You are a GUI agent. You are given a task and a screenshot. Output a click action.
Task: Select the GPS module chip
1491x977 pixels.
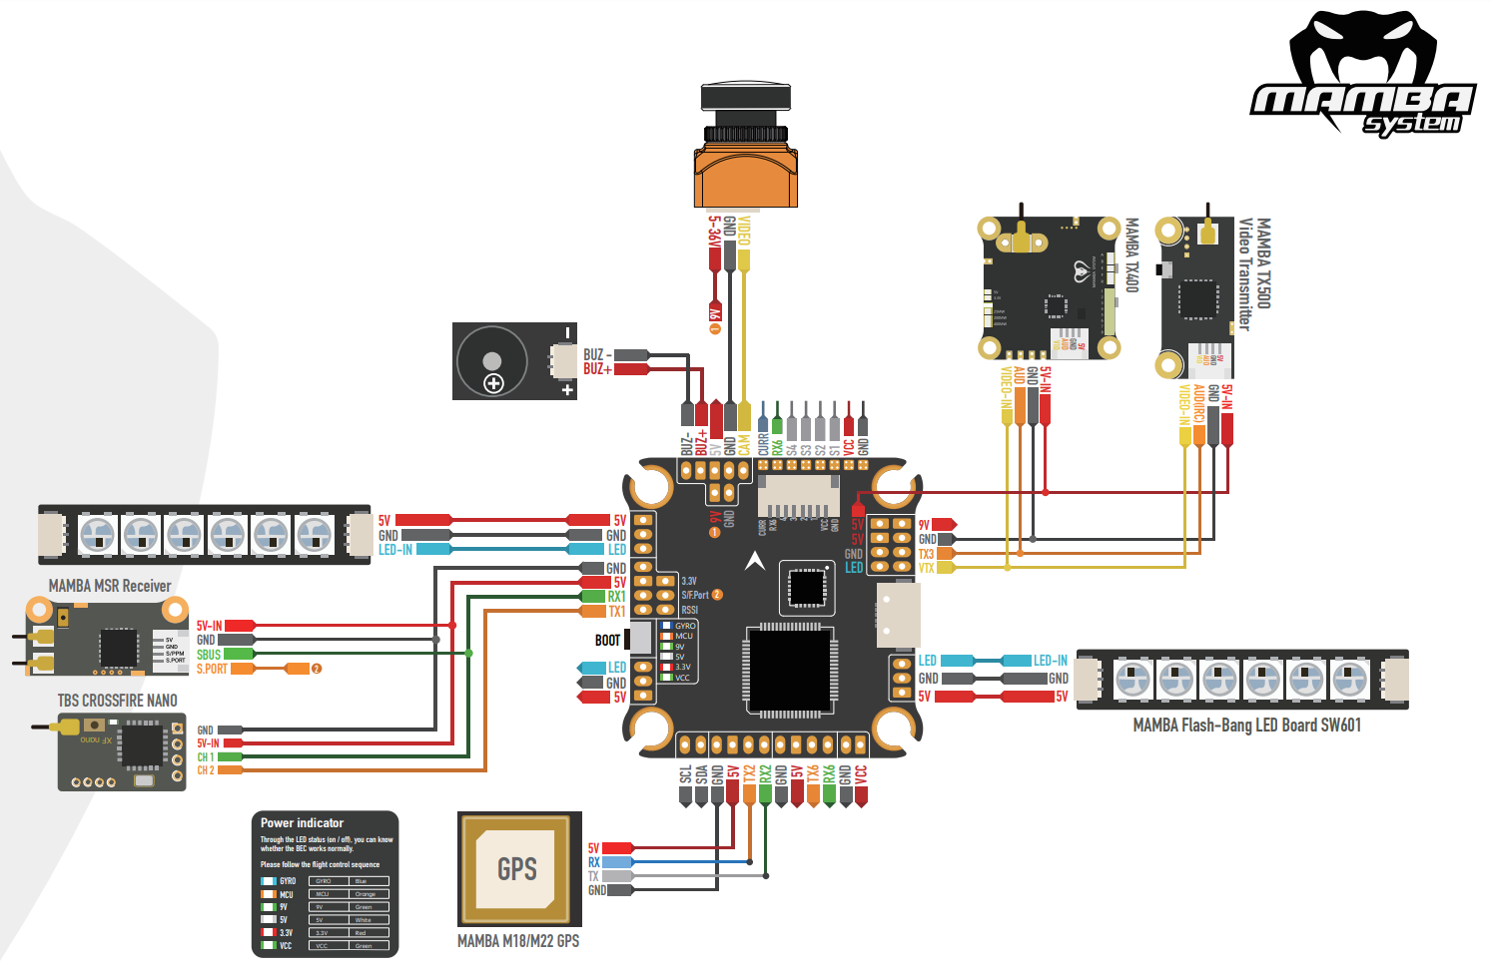[518, 868]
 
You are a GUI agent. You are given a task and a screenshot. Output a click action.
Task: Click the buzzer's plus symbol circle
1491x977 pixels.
[493, 383]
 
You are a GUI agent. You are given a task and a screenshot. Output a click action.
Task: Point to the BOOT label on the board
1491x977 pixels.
[607, 641]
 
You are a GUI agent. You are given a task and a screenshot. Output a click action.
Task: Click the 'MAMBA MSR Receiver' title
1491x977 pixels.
[110, 586]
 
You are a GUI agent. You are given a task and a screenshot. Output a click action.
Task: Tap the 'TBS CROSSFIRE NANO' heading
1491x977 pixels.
[117, 701]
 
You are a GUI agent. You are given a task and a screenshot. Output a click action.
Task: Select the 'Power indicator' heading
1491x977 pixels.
[302, 823]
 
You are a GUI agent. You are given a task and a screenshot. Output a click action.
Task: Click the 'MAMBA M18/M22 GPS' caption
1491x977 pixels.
[517, 941]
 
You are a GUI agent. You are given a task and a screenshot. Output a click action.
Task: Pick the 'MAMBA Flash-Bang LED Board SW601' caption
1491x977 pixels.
[1246, 726]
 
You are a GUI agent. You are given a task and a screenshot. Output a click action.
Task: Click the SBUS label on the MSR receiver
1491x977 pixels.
[208, 655]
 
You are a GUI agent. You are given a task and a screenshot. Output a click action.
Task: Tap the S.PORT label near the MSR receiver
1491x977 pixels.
[212, 669]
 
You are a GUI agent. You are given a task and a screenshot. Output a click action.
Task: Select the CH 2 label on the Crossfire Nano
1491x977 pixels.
[205, 770]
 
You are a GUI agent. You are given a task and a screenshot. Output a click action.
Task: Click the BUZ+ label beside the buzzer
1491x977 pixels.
[597, 369]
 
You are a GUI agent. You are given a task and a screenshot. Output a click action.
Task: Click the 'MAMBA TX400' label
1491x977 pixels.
[1131, 255]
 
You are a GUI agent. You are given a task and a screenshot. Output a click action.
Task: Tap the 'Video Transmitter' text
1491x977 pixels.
[1245, 274]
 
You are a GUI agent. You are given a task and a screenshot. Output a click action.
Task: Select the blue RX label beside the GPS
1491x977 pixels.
[594, 862]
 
